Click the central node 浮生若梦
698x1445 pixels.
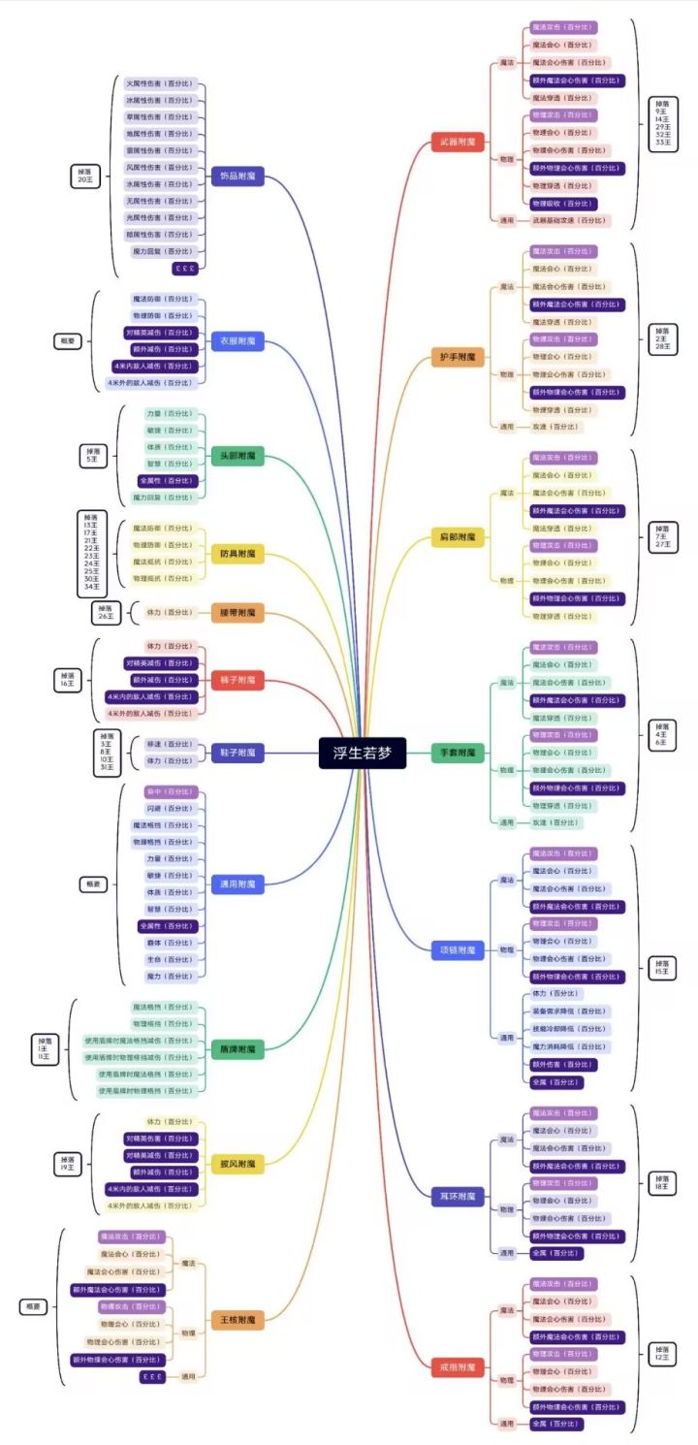click(x=362, y=753)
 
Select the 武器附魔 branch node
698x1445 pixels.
click(x=458, y=143)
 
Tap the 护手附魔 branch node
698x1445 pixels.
click(x=458, y=357)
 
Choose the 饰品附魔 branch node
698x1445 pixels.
click(x=238, y=177)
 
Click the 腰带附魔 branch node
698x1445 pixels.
click(x=238, y=613)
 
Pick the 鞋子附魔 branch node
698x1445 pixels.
click(x=238, y=753)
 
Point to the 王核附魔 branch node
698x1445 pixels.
click(x=238, y=1319)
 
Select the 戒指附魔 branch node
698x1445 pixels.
click(x=458, y=1367)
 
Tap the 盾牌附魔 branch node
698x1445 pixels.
click(x=238, y=1049)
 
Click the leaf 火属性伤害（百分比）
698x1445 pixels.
click(x=160, y=83)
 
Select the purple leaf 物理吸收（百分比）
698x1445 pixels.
click(x=562, y=204)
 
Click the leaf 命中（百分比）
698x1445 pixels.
click(x=170, y=791)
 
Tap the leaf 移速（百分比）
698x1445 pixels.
click(x=170, y=744)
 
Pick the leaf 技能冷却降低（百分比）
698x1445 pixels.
click(x=570, y=1029)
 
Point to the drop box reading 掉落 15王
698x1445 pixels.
click(x=662, y=967)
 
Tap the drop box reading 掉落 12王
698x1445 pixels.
click(x=662, y=1353)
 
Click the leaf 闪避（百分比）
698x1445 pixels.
click(x=170, y=808)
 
